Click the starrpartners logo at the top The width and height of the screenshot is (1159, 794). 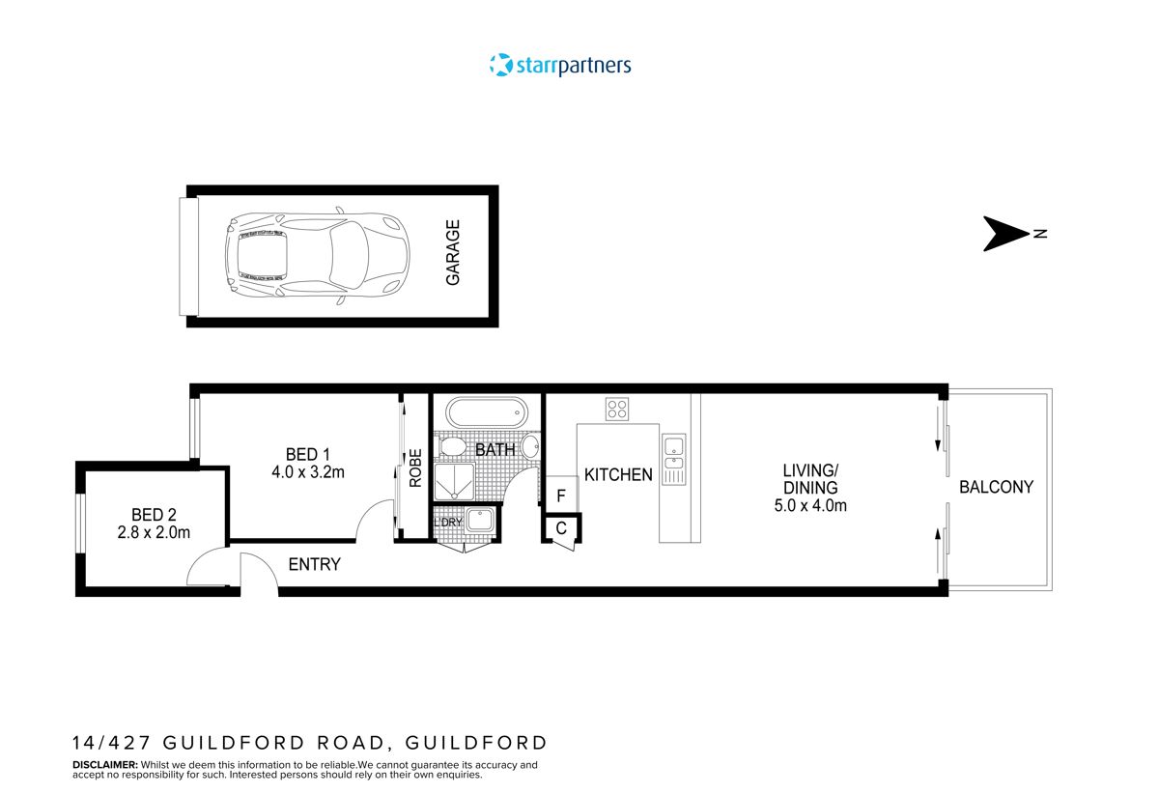coord(560,66)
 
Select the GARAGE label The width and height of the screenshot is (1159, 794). coord(452,253)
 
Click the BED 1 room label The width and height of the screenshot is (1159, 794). coord(308,454)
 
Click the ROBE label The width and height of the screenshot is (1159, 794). coord(415,468)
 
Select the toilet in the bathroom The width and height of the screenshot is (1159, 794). coord(451,447)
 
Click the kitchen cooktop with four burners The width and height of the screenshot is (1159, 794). coord(617,409)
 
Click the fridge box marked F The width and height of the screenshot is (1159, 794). coord(561,496)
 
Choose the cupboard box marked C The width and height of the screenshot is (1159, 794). coord(561,528)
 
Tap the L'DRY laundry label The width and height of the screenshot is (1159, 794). coord(449,523)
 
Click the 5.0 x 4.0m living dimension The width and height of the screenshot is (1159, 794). coord(810,505)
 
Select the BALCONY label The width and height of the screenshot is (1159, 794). coord(996,487)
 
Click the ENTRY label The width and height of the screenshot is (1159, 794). coord(315,564)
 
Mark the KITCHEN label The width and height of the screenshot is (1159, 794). coord(618,474)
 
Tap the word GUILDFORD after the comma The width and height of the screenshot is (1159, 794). coord(476,743)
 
